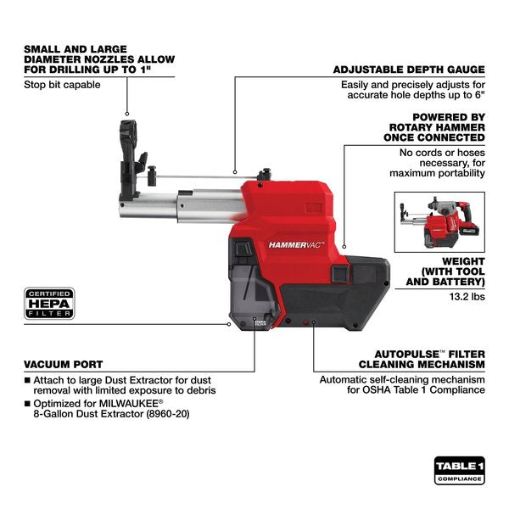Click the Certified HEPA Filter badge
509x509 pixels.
tap(50, 304)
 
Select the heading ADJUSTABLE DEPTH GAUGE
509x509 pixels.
tap(409, 70)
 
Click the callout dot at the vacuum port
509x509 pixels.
tap(229, 322)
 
